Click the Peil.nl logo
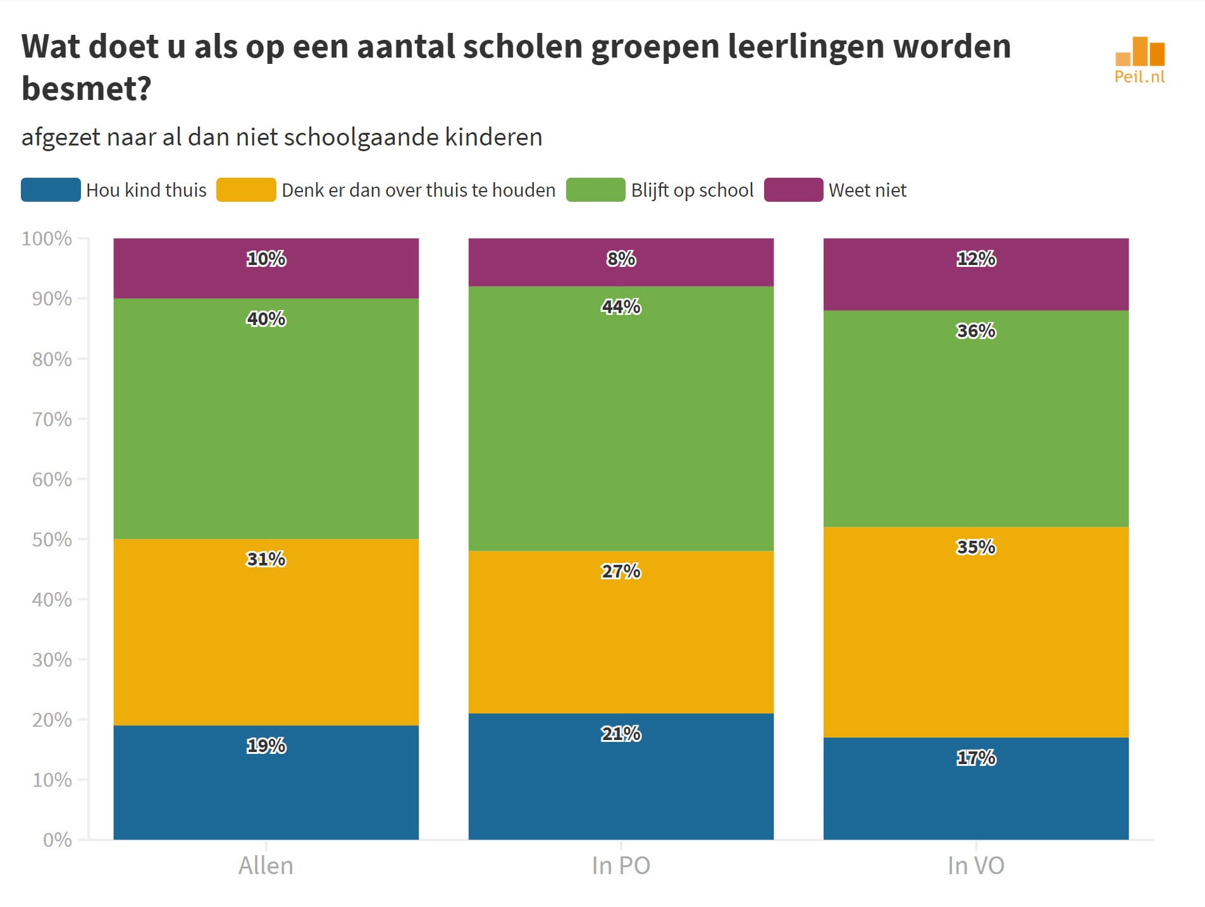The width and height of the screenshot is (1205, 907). click(x=1139, y=60)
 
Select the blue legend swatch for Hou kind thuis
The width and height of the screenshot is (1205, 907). click(x=51, y=190)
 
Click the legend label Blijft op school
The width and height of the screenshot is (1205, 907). click(x=692, y=190)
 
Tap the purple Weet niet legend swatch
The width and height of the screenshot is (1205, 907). click(x=793, y=190)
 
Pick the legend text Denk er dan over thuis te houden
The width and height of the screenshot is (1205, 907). click(x=418, y=190)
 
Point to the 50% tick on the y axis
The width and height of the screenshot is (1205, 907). click(x=52, y=540)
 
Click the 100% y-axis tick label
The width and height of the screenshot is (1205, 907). click(x=47, y=238)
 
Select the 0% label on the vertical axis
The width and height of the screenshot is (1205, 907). click(x=57, y=840)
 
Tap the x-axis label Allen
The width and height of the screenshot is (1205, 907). click(x=266, y=865)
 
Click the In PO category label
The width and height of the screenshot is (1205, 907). click(x=621, y=865)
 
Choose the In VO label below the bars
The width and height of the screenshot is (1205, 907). click(x=975, y=865)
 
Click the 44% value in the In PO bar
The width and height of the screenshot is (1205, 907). click(x=621, y=307)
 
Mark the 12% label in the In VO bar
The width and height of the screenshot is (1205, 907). click(x=975, y=259)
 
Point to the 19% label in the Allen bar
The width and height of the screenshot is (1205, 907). click(x=266, y=746)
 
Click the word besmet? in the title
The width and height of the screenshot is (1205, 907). click(x=87, y=89)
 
